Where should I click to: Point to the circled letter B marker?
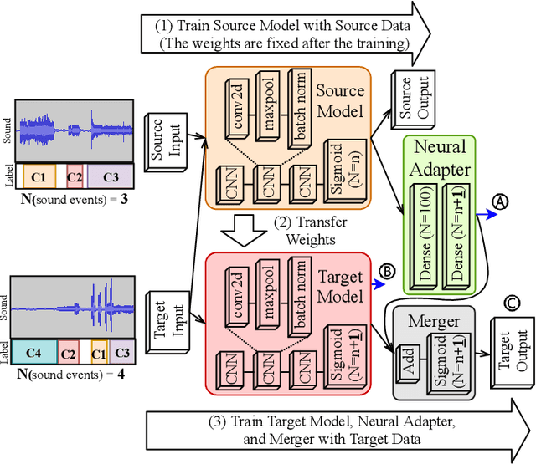pos(387,272)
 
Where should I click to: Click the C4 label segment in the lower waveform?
pos(34,351)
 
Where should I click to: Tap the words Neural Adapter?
pos(440,159)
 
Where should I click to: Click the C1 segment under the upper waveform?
pos(39,177)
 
